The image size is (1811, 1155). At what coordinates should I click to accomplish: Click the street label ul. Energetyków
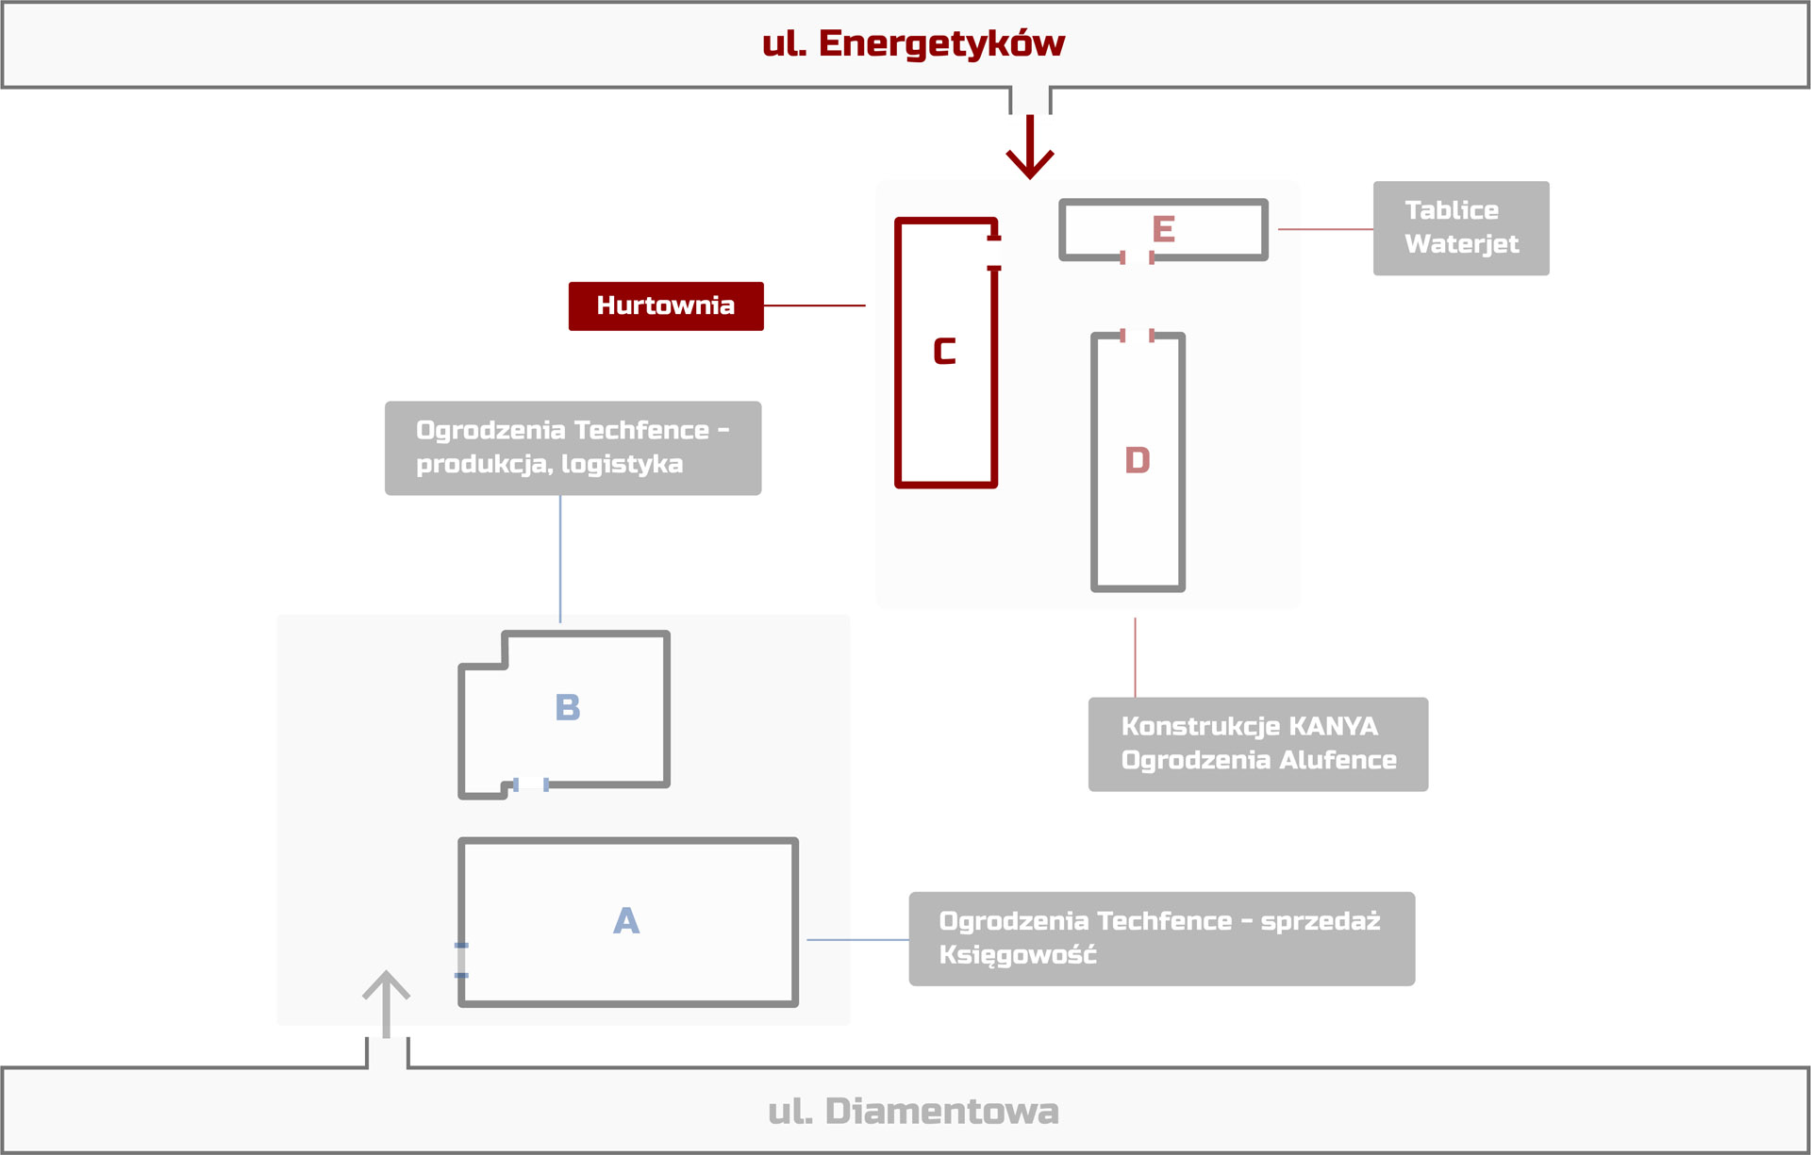tap(913, 43)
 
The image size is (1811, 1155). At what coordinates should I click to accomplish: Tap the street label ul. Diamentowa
tap(913, 1111)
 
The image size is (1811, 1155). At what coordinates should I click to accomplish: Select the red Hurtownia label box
tap(666, 305)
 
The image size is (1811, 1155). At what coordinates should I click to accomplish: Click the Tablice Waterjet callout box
tap(1460, 228)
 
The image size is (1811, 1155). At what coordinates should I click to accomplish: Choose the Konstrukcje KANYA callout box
tap(1257, 744)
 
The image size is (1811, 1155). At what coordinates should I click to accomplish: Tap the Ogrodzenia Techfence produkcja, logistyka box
tap(573, 448)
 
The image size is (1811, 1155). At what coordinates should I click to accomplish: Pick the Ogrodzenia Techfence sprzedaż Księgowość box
tap(1161, 938)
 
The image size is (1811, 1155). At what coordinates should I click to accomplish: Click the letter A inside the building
tap(626, 921)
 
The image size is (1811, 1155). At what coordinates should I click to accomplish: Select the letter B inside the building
tap(568, 707)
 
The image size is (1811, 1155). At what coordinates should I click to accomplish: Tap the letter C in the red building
tap(944, 352)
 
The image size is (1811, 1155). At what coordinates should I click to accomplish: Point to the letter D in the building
tap(1138, 460)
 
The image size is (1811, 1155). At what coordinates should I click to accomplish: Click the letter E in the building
tap(1163, 229)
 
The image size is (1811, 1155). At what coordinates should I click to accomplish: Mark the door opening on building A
tap(461, 960)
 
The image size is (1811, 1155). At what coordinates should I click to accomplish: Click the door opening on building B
tap(531, 784)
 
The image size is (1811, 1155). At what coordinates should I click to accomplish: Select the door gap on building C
tap(994, 253)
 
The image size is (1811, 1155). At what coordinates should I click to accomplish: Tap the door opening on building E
tap(1137, 257)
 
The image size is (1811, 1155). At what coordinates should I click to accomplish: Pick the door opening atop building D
tap(1137, 335)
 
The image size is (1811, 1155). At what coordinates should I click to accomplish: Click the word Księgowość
tap(1018, 955)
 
